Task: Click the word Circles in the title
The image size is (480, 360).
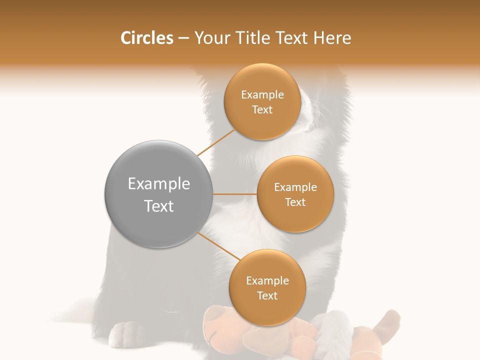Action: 147,38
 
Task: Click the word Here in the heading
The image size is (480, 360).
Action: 332,38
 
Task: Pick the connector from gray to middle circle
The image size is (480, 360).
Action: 234,194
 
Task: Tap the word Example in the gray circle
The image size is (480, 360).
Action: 159,184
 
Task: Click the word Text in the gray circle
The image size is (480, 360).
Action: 159,206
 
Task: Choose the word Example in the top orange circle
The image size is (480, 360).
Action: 262,95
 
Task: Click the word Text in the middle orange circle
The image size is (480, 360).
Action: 295,202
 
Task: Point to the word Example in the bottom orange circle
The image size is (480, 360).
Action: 267,281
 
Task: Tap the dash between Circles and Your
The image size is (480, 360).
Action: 183,38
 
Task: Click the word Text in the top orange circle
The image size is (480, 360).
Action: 262,110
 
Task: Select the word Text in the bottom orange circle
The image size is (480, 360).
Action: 267,296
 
